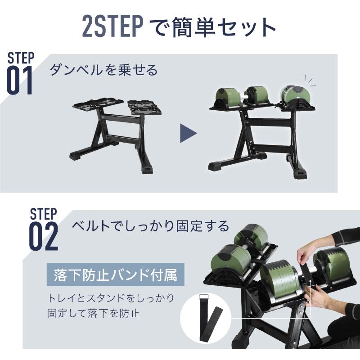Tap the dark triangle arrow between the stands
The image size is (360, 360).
(x=188, y=133)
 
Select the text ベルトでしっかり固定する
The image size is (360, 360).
(x=150, y=225)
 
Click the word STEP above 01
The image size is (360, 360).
(x=21, y=58)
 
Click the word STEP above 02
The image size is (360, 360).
(x=43, y=213)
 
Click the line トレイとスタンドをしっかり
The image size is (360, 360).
(x=111, y=298)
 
